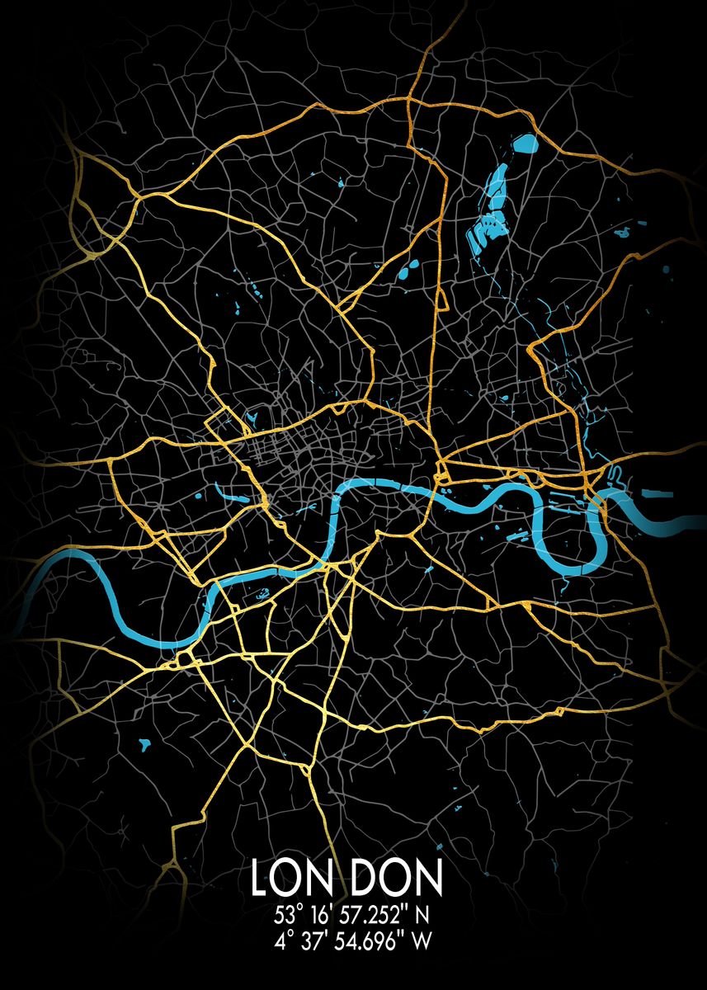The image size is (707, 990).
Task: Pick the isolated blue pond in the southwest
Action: tap(146, 742)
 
